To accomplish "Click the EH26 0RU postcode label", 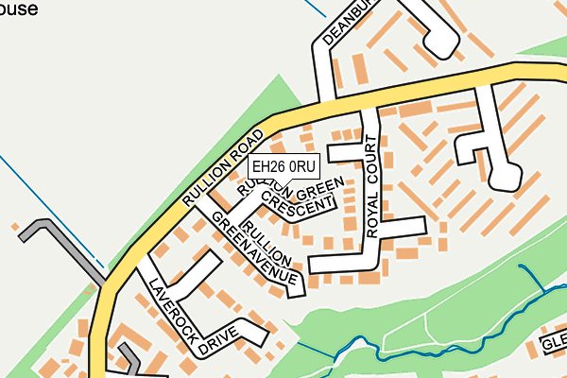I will pyautogui.click(x=277, y=167).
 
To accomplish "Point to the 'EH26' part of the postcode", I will pyautogui.click(x=266, y=167).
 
